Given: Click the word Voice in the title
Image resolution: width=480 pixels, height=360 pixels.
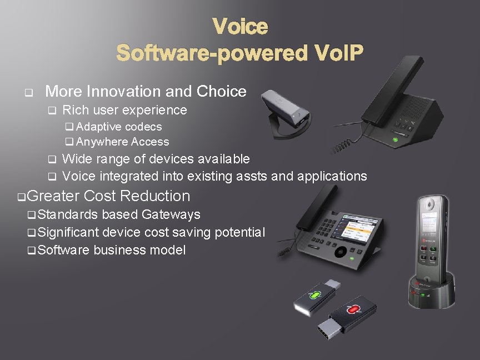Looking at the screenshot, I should pyautogui.click(x=240, y=26).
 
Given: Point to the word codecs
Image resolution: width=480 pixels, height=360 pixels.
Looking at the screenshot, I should pyautogui.click(x=143, y=127).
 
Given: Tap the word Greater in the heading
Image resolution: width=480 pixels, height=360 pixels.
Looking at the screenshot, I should pyautogui.click(x=53, y=196).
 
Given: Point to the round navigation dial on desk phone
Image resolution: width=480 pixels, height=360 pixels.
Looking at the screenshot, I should pyautogui.click(x=340, y=251).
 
